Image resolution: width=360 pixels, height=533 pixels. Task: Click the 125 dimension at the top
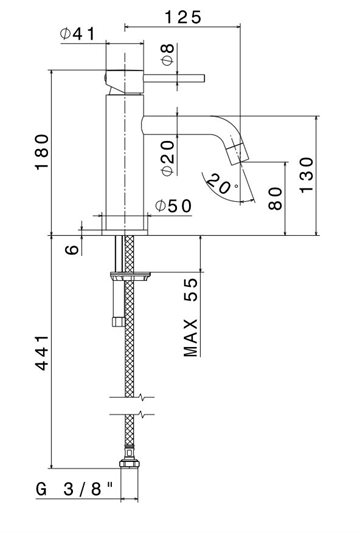pos(183,17)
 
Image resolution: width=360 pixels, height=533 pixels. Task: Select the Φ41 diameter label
pos(78,34)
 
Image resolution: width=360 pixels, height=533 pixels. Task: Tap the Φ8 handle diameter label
pos(168,54)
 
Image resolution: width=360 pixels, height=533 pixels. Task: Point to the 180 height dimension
pos(42,152)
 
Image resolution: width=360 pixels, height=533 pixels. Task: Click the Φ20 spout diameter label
pos(168,158)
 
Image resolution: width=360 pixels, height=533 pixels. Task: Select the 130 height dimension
pos(306,175)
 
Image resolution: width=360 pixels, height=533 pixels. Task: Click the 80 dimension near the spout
pos(275,198)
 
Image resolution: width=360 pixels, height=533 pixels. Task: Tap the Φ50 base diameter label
pos(173,206)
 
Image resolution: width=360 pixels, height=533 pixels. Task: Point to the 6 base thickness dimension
pos(72,250)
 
